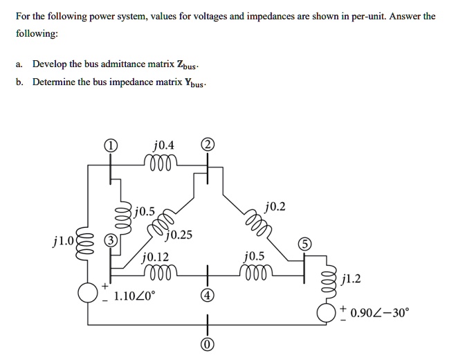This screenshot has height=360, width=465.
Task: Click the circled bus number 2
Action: pos(208,145)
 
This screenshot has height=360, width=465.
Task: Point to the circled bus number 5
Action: pos(307,244)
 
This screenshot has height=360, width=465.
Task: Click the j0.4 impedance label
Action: pos(164,145)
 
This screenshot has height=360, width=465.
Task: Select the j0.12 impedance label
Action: pos(155,257)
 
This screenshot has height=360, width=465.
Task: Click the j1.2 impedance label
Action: pos(352,280)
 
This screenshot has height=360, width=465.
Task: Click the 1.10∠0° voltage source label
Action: pos(135,296)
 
